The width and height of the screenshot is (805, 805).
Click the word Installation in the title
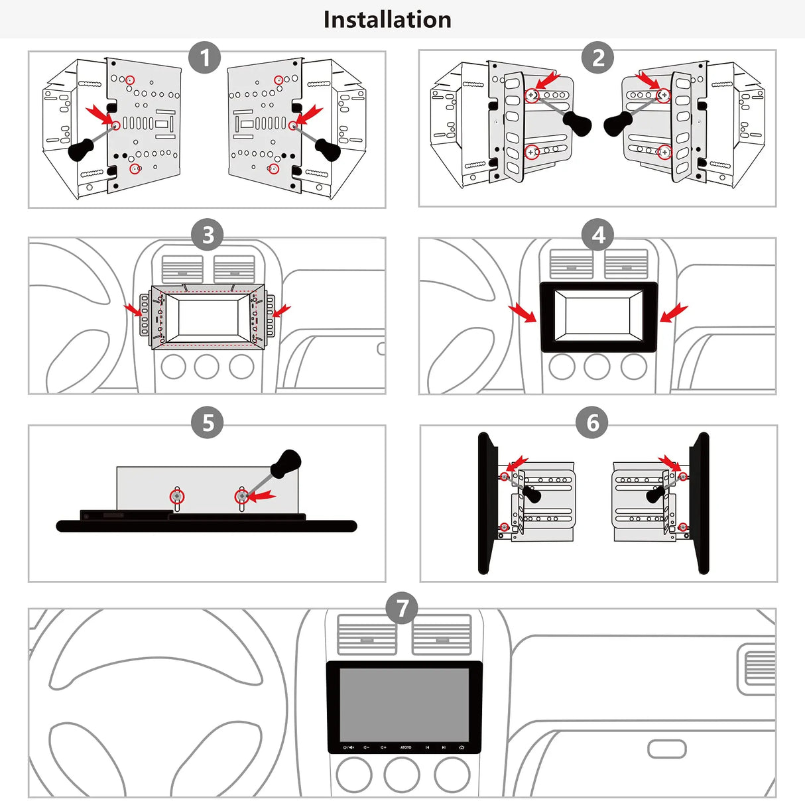387,20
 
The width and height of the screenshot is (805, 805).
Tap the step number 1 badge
205,58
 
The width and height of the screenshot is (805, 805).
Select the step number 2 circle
598,58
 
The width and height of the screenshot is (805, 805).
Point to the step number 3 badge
207,235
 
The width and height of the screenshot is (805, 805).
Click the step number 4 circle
598,235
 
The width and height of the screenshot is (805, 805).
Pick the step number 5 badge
207,422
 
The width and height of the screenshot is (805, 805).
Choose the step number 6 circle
592,422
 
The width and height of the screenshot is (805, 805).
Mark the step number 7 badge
401,608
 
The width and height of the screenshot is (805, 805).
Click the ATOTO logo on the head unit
406,747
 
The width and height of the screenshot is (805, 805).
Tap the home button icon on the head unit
462,747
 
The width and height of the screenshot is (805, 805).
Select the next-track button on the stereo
444,747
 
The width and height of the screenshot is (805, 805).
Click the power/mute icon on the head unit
348,747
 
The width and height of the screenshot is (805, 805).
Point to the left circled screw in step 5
177,496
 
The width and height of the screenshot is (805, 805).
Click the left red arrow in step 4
523,313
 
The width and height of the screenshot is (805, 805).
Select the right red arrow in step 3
282,311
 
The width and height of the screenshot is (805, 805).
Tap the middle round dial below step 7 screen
401,774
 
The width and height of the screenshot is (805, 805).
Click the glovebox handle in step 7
666,749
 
